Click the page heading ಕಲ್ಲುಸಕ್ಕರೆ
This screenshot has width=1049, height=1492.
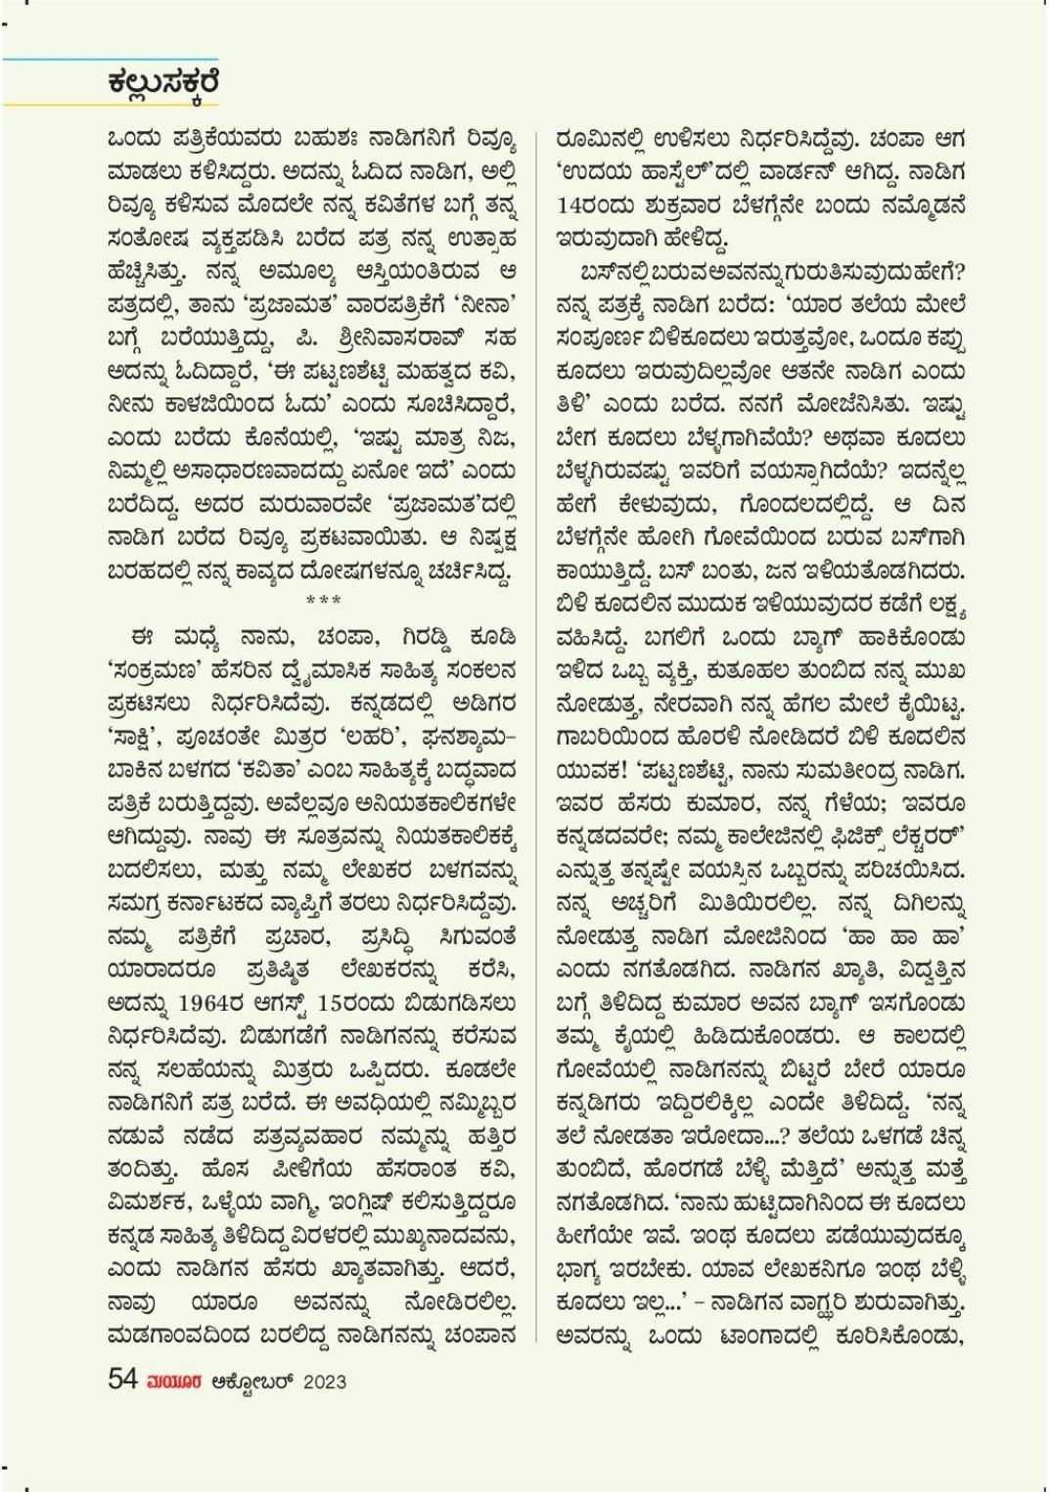tap(163, 84)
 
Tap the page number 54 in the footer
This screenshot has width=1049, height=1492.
tap(123, 1379)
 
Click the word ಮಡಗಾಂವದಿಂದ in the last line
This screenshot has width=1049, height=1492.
tap(175, 1334)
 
